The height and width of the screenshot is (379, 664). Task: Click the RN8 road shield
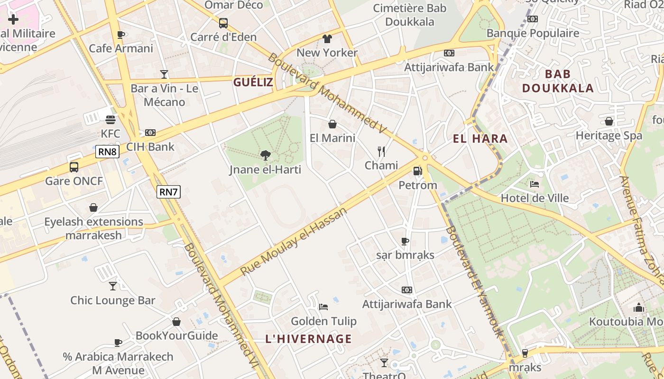107,152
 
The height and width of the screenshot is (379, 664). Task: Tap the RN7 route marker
169,192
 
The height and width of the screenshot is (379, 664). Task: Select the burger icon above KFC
111,119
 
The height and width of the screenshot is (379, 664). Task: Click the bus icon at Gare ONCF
74,167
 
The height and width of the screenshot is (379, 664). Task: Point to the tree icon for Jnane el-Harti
265,155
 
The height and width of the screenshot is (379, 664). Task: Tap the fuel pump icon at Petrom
417,171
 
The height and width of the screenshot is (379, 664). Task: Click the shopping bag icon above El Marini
332,124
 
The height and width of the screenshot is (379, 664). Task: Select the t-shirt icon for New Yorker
327,38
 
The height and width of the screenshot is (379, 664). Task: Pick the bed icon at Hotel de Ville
535,184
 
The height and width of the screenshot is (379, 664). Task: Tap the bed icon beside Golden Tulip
323,307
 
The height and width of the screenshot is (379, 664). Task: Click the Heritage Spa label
609,135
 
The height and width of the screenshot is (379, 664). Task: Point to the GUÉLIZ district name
253,82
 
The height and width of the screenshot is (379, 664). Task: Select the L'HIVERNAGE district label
308,339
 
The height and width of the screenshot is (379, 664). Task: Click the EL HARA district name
480,139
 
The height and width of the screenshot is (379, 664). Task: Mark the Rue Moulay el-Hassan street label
294,242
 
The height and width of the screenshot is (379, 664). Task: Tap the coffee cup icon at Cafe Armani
121,35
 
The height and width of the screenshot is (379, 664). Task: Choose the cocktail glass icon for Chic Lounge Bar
113,286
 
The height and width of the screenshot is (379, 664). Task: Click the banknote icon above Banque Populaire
533,19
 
